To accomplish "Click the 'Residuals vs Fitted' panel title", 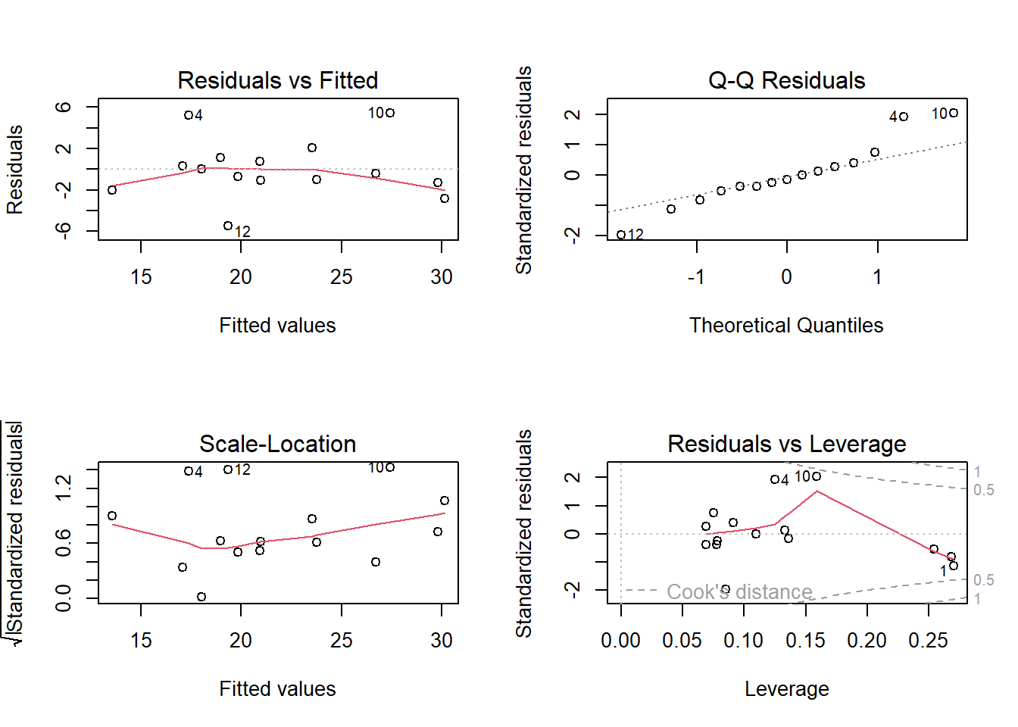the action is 278,80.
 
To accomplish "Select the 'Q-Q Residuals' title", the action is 787,80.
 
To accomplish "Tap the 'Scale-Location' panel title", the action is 278,444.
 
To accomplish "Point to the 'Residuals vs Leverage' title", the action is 787,444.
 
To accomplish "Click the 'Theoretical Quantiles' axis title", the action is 786,326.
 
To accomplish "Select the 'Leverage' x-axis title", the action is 787,689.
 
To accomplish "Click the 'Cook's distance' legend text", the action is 739,591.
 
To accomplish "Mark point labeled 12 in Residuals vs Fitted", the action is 228,226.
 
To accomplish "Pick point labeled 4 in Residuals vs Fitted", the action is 188,115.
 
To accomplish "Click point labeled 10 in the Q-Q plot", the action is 954,113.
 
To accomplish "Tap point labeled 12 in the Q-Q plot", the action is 621,235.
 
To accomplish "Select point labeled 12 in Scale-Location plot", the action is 228,470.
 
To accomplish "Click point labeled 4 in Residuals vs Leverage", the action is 775,479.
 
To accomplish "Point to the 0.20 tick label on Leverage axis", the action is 867,641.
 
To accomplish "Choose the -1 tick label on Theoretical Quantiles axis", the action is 696,277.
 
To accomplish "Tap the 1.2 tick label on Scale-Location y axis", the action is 63,488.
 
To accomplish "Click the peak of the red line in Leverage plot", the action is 817,491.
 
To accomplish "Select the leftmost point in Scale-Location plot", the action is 112,516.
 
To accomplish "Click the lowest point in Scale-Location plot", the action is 201,597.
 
